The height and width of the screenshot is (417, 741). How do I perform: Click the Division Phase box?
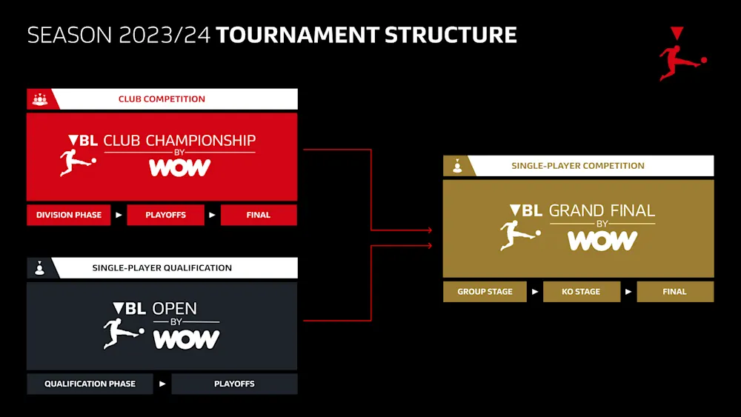pyautogui.click(x=69, y=215)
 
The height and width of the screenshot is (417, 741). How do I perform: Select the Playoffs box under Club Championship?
pyautogui.click(x=165, y=215)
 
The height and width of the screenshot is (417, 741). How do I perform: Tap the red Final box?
pyautogui.click(x=258, y=215)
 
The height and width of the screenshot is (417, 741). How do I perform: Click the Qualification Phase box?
pyautogui.click(x=90, y=384)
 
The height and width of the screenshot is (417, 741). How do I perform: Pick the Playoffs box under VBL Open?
pyautogui.click(x=234, y=384)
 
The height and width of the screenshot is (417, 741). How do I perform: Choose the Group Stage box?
pyautogui.click(x=485, y=291)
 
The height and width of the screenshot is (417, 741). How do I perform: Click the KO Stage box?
pyautogui.click(x=581, y=291)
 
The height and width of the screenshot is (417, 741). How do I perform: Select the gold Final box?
pyautogui.click(x=674, y=291)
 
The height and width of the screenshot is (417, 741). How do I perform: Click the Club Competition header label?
pyautogui.click(x=162, y=99)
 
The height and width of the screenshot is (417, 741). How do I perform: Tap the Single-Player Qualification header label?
pyautogui.click(x=162, y=268)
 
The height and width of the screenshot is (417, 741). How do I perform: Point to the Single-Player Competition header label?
pyautogui.click(x=578, y=166)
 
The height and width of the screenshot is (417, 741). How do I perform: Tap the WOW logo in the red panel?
pyautogui.click(x=180, y=168)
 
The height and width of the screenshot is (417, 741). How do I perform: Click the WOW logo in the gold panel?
pyautogui.click(x=602, y=241)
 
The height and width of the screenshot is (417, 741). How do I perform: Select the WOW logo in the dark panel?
pyautogui.click(x=186, y=339)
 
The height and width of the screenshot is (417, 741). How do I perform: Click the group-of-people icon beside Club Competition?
pyautogui.click(x=40, y=99)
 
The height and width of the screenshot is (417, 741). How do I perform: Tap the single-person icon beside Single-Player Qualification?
pyautogui.click(x=39, y=268)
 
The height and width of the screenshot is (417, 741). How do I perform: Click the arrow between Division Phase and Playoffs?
pyautogui.click(x=119, y=216)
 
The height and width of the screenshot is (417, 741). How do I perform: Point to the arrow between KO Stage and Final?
pyautogui.click(x=628, y=292)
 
